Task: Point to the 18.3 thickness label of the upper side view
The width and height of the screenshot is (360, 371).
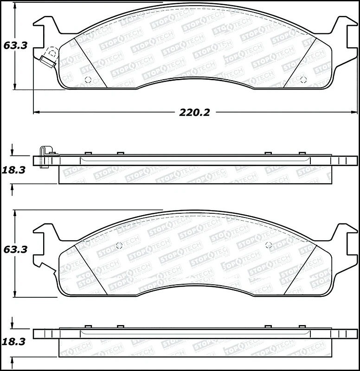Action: point(13,170)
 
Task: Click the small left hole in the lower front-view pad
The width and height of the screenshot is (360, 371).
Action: point(118,245)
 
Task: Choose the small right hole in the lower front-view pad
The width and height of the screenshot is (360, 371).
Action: point(267,245)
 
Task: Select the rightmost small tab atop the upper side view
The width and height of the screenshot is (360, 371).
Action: point(302,154)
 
